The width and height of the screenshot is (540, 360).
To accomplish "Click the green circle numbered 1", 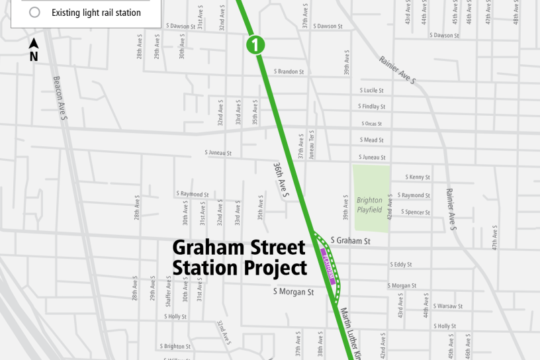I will point(255,45).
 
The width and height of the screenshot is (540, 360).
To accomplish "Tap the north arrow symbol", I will point(34,45).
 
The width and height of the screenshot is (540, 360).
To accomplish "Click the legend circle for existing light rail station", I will point(35,13).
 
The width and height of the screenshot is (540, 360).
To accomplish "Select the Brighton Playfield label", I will point(369,205).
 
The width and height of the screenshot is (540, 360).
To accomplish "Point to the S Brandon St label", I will point(289,71).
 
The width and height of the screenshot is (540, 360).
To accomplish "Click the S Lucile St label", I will point(372,90).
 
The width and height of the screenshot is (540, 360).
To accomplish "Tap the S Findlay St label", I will point(372,107).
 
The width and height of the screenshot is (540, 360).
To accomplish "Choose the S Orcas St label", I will point(372,124).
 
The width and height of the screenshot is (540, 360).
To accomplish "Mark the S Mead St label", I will point(372,140).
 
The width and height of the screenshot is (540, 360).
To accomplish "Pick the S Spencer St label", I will point(417,212).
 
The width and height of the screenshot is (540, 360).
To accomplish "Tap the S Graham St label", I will point(350,241).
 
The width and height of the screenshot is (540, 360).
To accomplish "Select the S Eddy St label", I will point(401,265).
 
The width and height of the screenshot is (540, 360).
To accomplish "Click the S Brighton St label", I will point(175,346).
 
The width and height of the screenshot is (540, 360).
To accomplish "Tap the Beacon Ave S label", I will point(61,99).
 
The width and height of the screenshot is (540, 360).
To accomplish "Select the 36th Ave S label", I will point(281,180).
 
